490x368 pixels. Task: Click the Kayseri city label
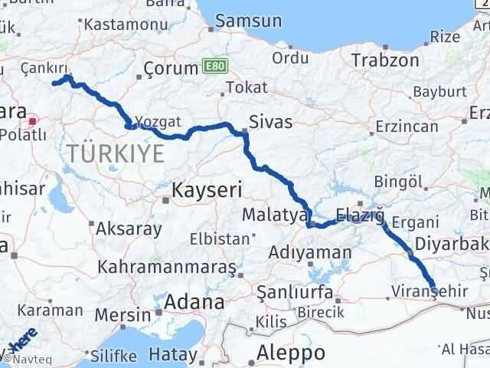[208, 189]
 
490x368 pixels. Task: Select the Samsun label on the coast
[243, 21]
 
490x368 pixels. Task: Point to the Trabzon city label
[384, 60]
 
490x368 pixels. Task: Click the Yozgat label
[158, 121]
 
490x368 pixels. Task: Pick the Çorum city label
[171, 70]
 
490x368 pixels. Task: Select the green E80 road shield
[214, 68]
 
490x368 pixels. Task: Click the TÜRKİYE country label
[115, 153]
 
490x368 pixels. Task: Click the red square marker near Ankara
[33, 120]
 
